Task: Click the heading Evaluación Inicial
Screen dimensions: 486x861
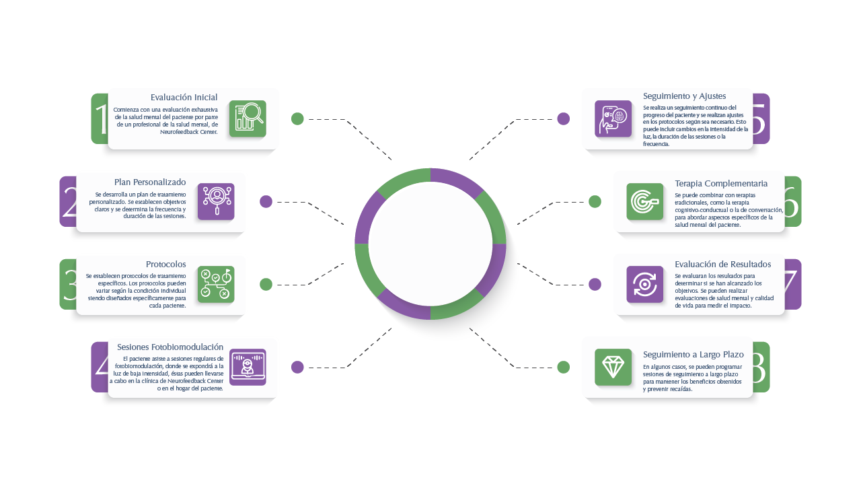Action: pyautogui.click(x=184, y=98)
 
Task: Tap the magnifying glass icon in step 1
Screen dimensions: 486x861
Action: pyautogui.click(x=248, y=118)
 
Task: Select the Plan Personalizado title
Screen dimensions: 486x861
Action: pyautogui.click(x=149, y=182)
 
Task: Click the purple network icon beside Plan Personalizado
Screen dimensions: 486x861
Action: pyautogui.click(x=216, y=201)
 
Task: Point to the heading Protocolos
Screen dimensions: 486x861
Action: pyautogui.click(x=165, y=265)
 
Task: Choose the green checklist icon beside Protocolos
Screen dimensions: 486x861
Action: pyautogui.click(x=216, y=284)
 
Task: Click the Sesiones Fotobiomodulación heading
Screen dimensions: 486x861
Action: pyautogui.click(x=170, y=347)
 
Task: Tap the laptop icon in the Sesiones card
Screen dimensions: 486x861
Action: pyautogui.click(x=248, y=367)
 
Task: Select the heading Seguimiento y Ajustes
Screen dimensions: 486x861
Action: pyautogui.click(x=684, y=96)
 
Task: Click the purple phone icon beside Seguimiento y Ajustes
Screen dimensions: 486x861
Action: pyautogui.click(x=613, y=118)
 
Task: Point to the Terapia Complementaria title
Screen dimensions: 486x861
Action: pyautogui.click(x=721, y=184)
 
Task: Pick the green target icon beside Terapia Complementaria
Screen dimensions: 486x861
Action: pyautogui.click(x=644, y=201)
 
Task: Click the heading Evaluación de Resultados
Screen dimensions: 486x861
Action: pyautogui.click(x=722, y=265)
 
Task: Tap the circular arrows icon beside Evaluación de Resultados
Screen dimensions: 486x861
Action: pyautogui.click(x=644, y=284)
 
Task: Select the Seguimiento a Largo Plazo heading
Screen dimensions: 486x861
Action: pyautogui.click(x=693, y=355)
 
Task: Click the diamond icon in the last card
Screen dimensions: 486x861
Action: pyautogui.click(x=613, y=367)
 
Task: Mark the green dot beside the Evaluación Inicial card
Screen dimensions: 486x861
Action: pyautogui.click(x=297, y=119)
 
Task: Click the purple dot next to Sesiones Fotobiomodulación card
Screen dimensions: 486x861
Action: pyautogui.click(x=297, y=367)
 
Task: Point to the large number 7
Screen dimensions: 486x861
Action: pyautogui.click(x=792, y=284)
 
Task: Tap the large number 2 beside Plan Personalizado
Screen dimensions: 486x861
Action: pyautogui.click(x=69, y=202)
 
